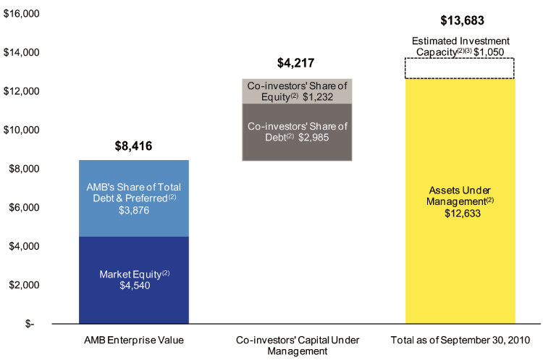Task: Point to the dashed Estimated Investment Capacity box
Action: pos(460,69)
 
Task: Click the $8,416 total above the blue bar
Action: pos(134,146)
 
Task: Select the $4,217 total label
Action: pos(297,64)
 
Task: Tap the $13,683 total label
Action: pos(460,21)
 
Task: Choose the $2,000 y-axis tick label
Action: pos(24,285)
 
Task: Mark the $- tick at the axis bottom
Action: pos(29,324)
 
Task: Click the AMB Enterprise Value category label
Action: pos(134,340)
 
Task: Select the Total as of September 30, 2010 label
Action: pos(460,340)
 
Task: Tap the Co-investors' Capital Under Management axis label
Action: pos(297,345)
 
